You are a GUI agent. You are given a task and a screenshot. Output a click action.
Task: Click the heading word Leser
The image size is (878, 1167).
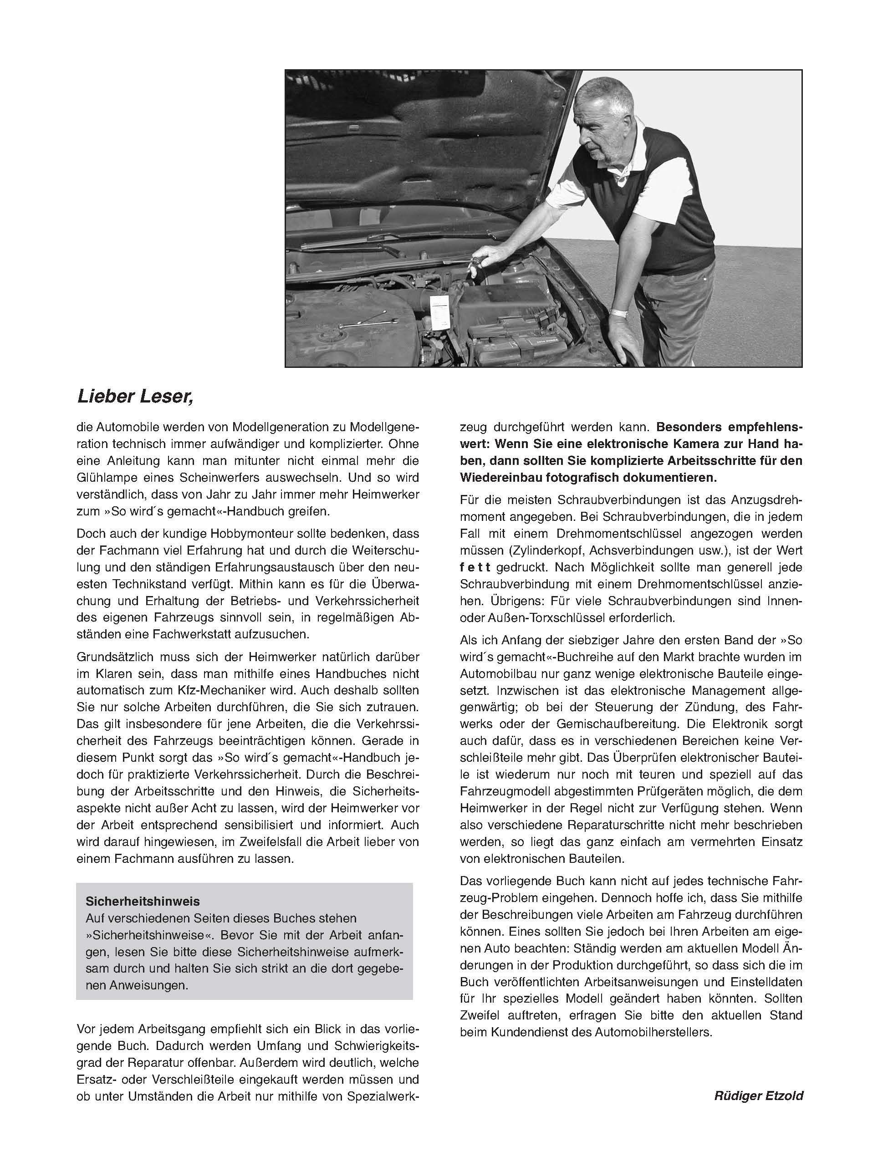(x=167, y=396)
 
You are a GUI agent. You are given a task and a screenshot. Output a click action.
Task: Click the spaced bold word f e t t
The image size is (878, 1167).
(x=475, y=567)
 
